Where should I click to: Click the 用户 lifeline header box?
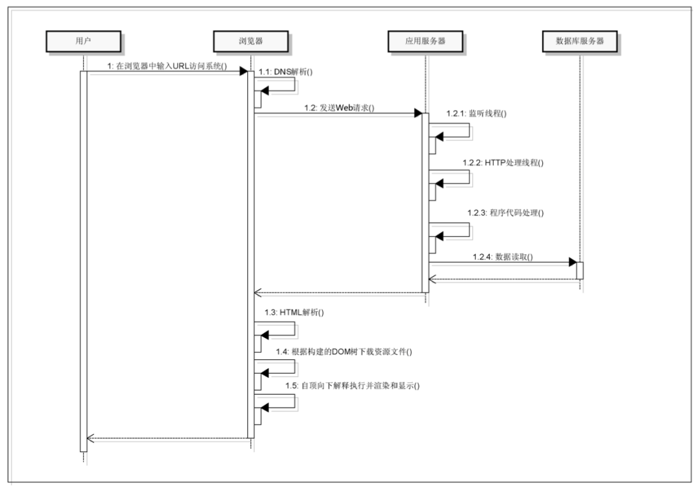tap(83, 41)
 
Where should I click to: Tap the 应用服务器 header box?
tap(425, 41)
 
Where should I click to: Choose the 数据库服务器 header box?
tap(579, 41)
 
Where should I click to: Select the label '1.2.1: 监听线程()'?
tap(476, 114)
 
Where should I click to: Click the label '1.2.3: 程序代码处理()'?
tap(505, 213)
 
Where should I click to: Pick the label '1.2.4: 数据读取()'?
tap(501, 256)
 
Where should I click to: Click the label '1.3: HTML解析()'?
tap(294, 312)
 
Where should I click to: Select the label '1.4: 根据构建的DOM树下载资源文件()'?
tap(343, 352)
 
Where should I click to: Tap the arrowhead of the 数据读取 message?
tap(572, 263)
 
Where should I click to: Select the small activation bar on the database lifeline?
tap(580, 270)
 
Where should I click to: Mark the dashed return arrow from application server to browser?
tap(338, 293)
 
